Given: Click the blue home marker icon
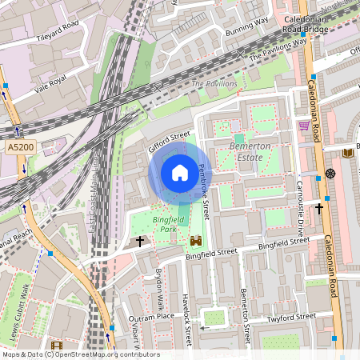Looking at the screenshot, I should (x=179, y=173).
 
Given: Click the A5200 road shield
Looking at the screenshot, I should (x=22, y=148).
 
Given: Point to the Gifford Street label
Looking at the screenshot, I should (x=169, y=142).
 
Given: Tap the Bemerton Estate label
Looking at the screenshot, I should (x=250, y=152).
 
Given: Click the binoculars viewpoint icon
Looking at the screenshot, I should (x=195, y=240).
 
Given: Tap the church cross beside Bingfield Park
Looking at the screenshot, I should (x=140, y=240).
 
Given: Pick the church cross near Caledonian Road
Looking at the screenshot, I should (x=318, y=208).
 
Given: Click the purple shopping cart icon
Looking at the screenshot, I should (x=304, y=126).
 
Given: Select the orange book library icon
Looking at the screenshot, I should (x=346, y=153).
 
